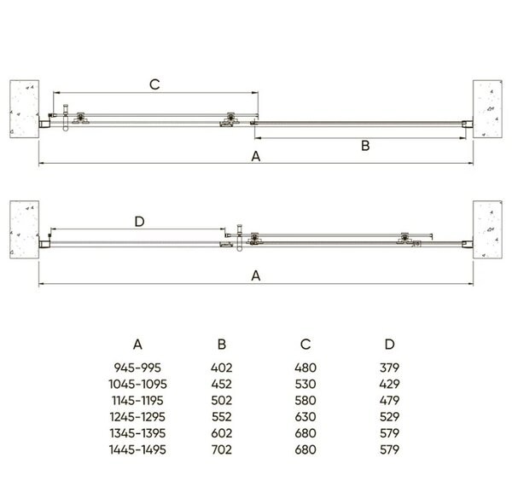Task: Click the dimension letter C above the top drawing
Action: [x=154, y=84]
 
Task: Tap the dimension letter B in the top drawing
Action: [x=365, y=146]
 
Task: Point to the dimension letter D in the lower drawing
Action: [x=139, y=222]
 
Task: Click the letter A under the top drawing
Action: [x=256, y=156]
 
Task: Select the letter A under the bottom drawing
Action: [x=256, y=275]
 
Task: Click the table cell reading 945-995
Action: [x=137, y=368]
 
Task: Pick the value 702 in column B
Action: [x=221, y=449]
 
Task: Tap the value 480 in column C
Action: [x=305, y=368]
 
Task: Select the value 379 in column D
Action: [x=390, y=368]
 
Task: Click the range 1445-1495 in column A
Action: [x=137, y=449]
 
